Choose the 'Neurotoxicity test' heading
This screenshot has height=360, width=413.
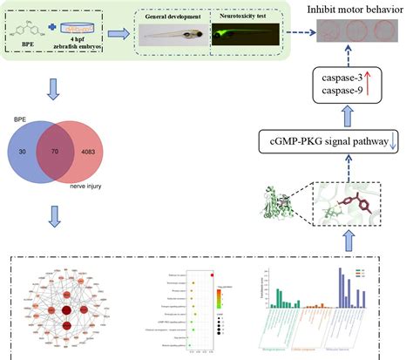click(x=246, y=17)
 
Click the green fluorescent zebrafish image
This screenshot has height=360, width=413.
click(x=247, y=36)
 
